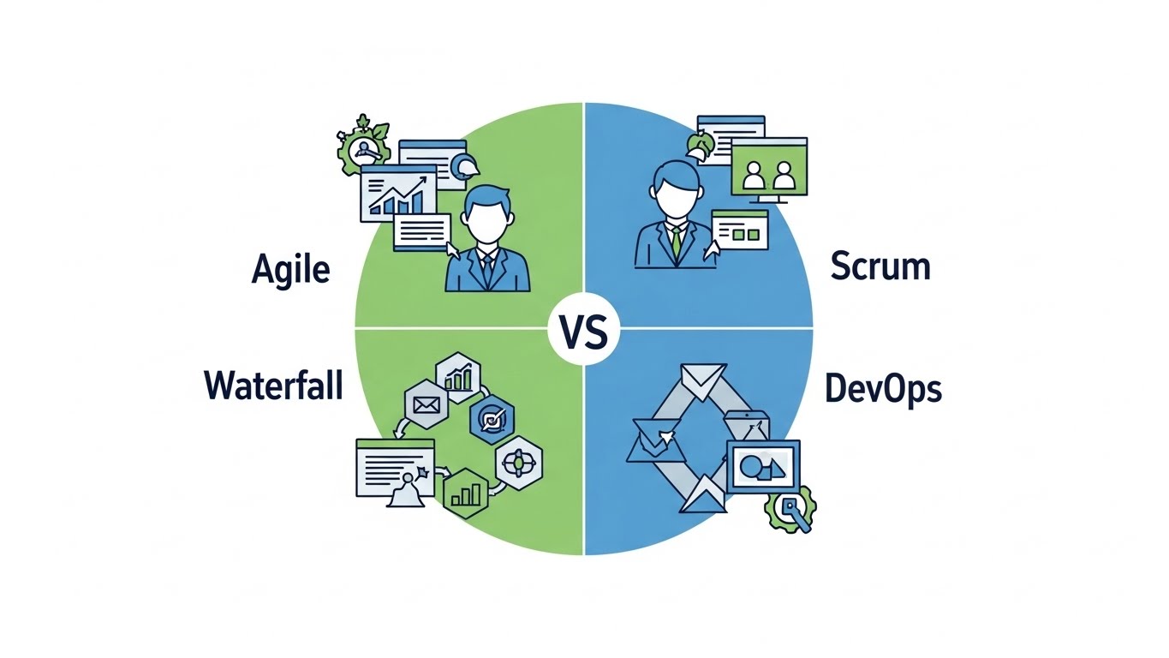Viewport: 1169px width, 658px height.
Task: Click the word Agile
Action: point(291,270)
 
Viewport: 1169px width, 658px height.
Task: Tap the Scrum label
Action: point(880,267)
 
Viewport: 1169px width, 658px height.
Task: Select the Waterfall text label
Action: point(273,386)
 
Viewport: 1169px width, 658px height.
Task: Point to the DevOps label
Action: point(883,388)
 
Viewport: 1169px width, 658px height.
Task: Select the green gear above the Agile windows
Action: point(363,147)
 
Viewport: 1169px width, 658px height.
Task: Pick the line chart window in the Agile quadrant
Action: point(394,192)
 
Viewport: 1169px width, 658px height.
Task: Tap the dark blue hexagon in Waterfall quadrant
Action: point(494,419)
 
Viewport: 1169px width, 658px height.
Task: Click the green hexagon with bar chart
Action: point(466,493)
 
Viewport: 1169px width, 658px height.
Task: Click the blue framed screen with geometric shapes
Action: point(761,466)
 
